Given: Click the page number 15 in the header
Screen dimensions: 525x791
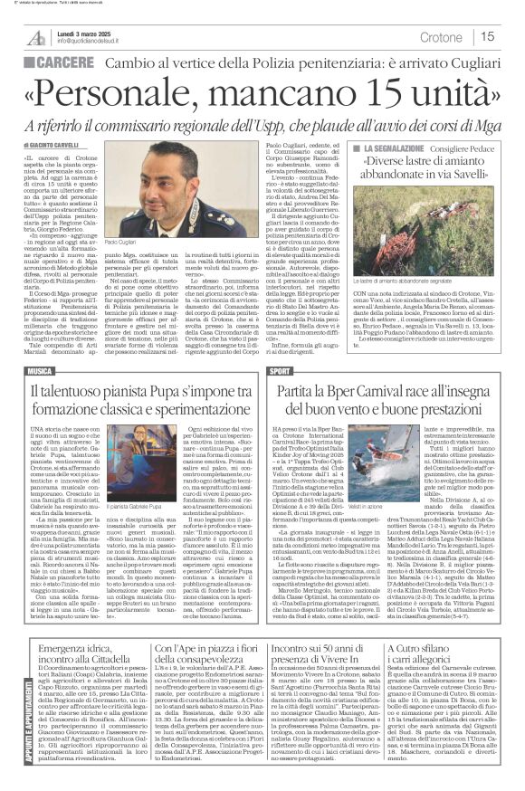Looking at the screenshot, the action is coord(487,37).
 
